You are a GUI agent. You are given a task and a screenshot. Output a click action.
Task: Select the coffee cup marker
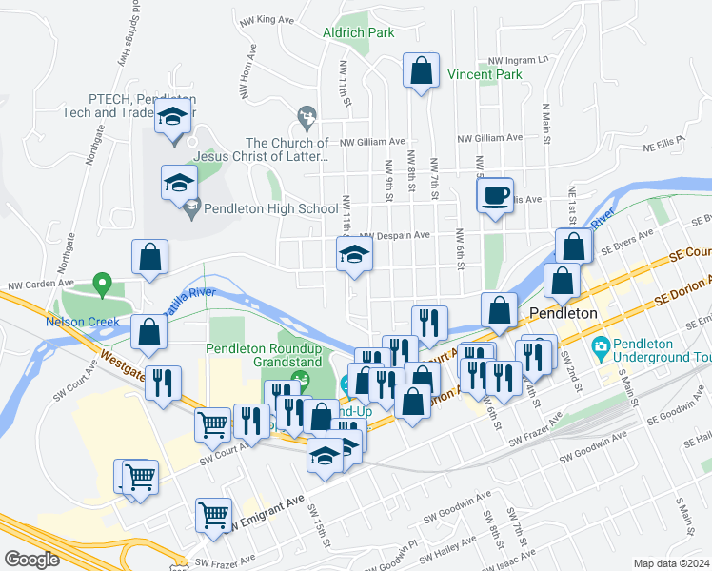tap(494, 197)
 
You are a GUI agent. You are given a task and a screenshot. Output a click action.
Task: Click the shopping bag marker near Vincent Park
tap(420, 71)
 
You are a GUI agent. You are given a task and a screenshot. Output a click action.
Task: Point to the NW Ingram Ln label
tap(521, 59)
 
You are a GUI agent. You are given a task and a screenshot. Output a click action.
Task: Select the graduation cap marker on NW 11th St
tap(354, 255)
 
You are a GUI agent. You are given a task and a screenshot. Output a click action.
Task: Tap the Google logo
tap(31, 560)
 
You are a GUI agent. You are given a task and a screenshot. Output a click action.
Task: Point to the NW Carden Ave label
tap(40, 284)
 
